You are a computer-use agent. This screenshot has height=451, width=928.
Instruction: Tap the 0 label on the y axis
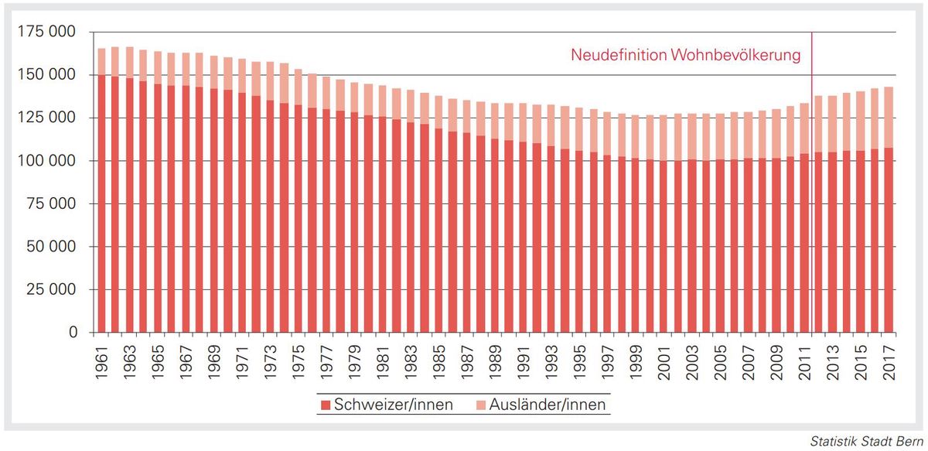73,333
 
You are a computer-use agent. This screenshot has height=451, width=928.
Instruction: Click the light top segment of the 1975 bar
298,87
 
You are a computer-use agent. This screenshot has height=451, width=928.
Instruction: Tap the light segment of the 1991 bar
523,122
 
